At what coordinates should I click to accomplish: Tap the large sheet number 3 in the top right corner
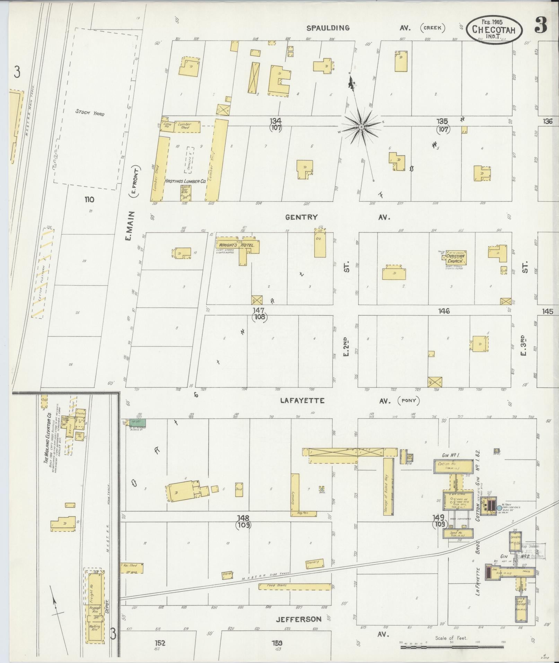click(x=541, y=25)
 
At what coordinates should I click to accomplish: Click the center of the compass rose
click(x=361, y=127)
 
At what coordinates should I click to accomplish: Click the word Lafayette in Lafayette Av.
click(x=302, y=401)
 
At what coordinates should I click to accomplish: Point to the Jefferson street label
click(x=299, y=619)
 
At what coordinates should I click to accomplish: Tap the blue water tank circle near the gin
click(x=499, y=508)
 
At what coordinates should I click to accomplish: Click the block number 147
click(x=259, y=310)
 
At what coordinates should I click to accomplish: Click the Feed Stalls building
click(x=295, y=587)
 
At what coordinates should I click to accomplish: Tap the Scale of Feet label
click(x=451, y=638)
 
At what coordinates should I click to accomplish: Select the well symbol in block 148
click(x=322, y=488)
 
